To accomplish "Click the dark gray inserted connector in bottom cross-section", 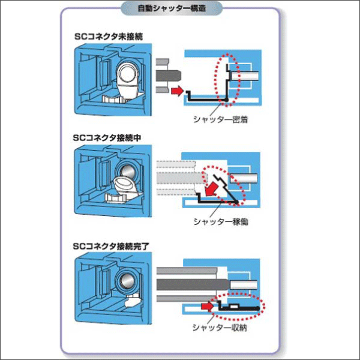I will tap(192, 283).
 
